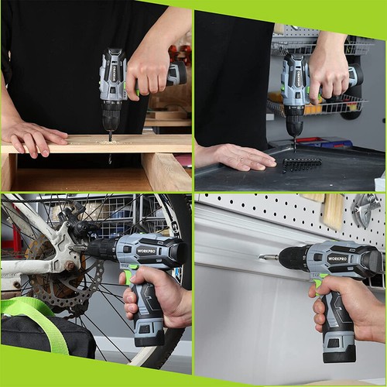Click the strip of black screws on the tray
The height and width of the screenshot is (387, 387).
301,163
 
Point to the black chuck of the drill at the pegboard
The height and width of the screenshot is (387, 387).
292,258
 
